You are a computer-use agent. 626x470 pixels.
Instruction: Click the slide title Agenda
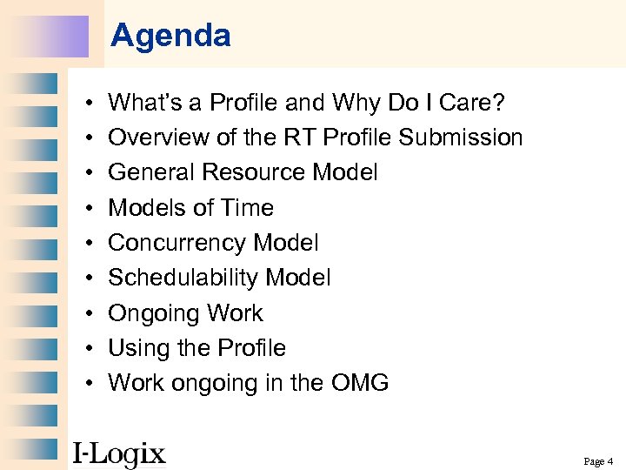(x=170, y=36)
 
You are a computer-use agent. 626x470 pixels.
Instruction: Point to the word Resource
(x=256, y=172)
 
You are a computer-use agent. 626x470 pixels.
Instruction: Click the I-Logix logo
(x=118, y=453)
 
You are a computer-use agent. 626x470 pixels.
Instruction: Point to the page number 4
(x=610, y=461)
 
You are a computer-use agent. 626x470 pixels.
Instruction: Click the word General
(x=151, y=172)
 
